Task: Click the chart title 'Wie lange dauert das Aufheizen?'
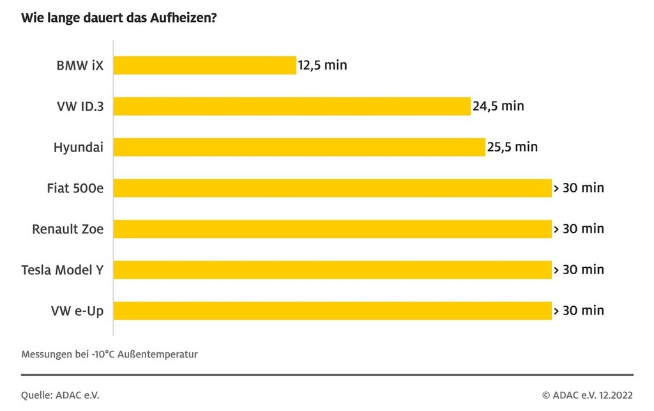pos(119,18)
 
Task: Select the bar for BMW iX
pos(205,65)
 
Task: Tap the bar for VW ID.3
pos(293,106)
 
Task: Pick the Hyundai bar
pos(300,147)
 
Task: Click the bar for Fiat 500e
pos(333,188)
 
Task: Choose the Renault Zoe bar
pos(333,229)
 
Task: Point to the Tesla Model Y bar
pos(333,270)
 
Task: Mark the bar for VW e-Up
pos(333,311)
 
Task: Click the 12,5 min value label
pos(323,65)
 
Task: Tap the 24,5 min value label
pos(498,106)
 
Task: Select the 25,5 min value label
pos(512,147)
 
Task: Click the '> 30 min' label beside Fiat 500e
pos(579,188)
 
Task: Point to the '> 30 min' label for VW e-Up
pos(579,311)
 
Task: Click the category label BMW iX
pos(79,65)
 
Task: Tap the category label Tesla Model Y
pos(62,270)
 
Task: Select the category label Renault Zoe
pos(68,229)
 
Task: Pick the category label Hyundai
pos(78,147)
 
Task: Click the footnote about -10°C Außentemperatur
pos(109,354)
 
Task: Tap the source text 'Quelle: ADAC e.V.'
pos(60,395)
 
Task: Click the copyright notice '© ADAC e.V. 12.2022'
pos(588,395)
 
